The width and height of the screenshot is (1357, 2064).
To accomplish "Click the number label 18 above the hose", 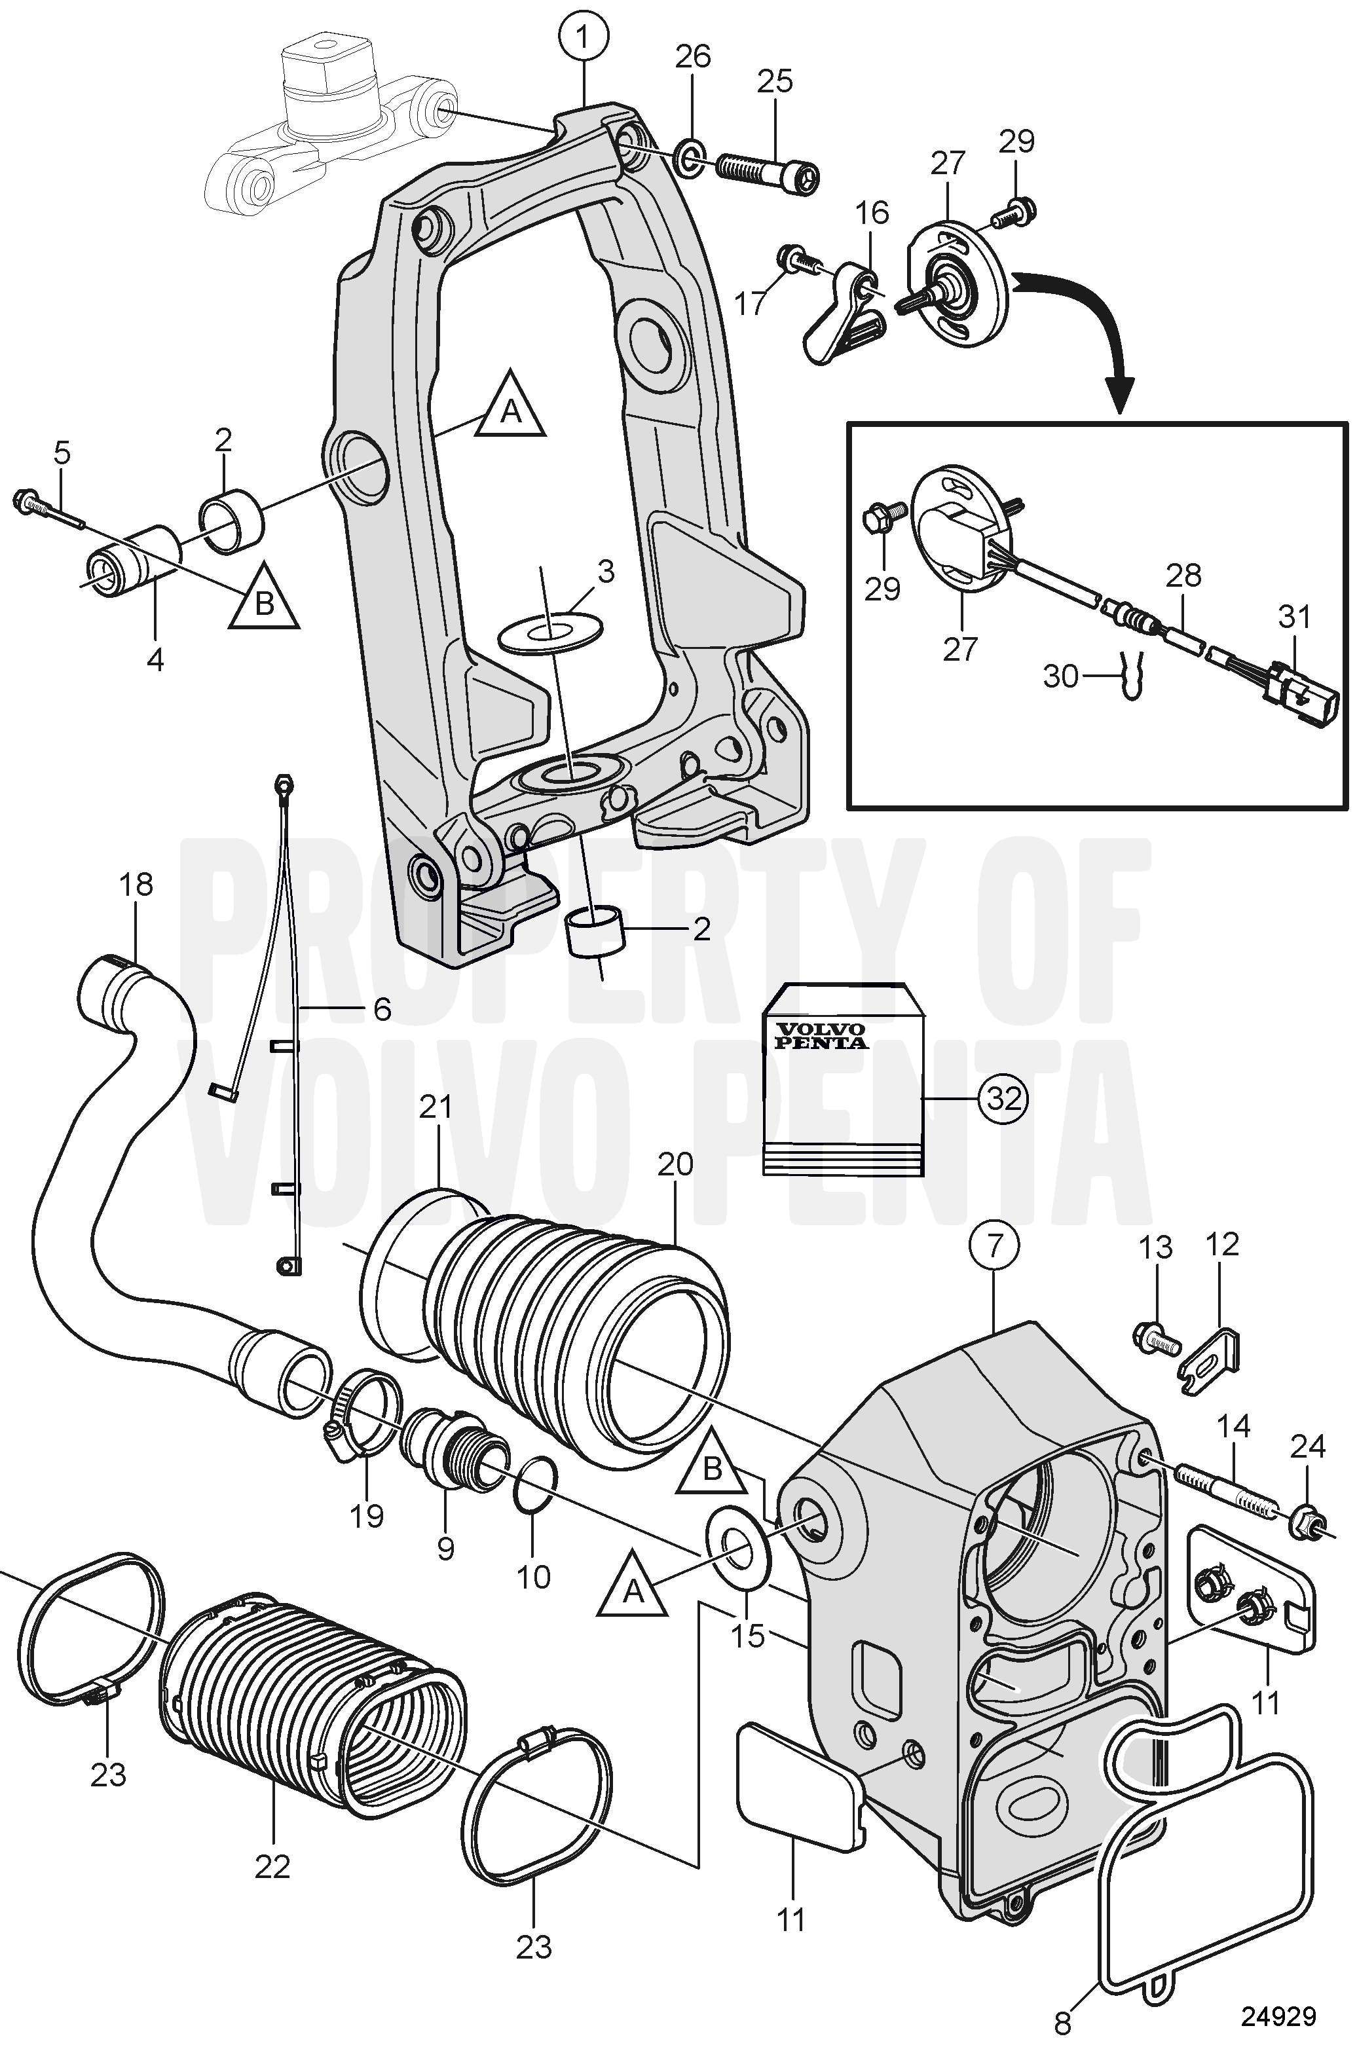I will (x=137, y=885).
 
